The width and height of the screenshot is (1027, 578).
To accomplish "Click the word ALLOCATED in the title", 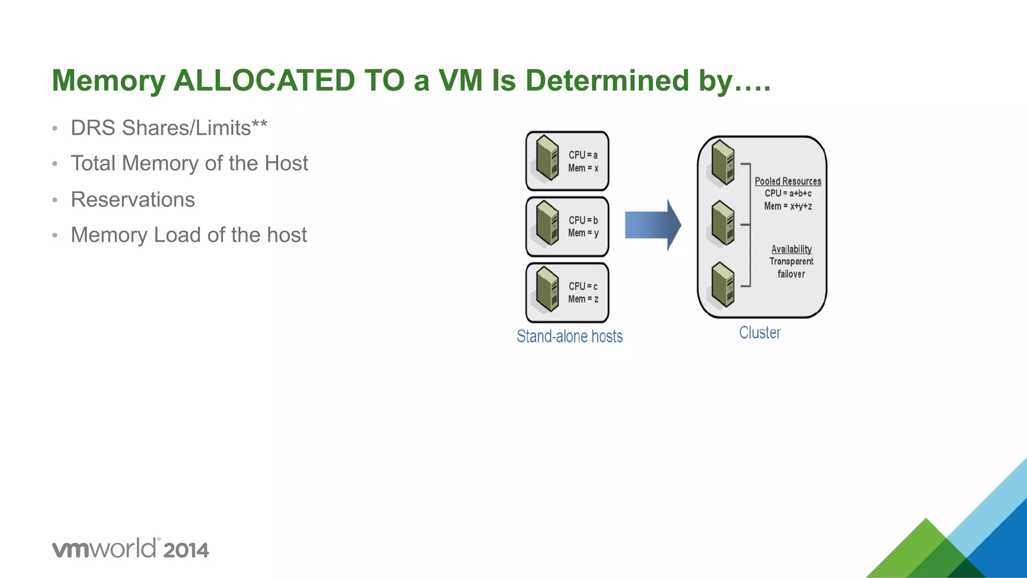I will click(x=264, y=80).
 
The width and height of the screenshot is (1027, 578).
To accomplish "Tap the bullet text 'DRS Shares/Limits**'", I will click(x=168, y=128).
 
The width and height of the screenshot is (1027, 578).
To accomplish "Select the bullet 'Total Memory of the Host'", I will click(x=189, y=163).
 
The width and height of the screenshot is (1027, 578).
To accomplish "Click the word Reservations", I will click(x=133, y=200).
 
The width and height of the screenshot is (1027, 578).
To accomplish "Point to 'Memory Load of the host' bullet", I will click(x=189, y=235).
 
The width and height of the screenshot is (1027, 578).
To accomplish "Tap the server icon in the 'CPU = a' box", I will click(x=547, y=158).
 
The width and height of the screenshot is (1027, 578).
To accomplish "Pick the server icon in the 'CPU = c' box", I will click(x=547, y=289).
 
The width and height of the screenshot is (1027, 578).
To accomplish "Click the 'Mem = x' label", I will click(x=583, y=168).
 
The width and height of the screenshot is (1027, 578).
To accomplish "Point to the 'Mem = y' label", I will click(x=583, y=233).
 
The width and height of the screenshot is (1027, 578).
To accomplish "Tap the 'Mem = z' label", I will click(x=583, y=299).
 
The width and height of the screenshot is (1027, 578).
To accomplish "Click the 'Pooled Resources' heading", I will click(x=788, y=181).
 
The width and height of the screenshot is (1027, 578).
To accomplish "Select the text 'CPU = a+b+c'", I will click(x=788, y=194).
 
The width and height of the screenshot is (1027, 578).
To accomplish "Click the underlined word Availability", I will click(x=791, y=249).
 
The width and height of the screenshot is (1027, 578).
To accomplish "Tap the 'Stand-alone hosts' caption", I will click(x=570, y=336).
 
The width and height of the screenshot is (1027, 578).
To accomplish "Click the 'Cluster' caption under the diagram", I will click(x=760, y=333).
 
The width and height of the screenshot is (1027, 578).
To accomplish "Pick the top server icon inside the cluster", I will click(x=723, y=162).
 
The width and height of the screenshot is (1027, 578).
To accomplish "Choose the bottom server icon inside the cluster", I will click(x=723, y=284).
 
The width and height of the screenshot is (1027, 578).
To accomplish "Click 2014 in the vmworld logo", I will click(x=186, y=550).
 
